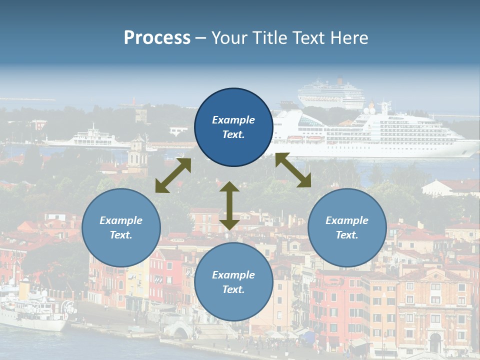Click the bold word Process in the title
[157, 38]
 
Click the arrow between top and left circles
[173, 175]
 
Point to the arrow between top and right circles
[293, 170]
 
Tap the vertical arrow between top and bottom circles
[229, 205]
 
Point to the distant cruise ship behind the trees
[331, 92]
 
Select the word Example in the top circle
[233, 120]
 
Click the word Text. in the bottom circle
[233, 289]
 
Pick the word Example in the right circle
[347, 220]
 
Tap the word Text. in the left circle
[121, 235]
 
